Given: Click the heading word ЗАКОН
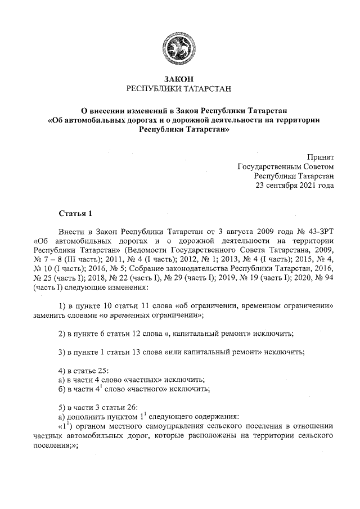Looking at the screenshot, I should click(x=179, y=79).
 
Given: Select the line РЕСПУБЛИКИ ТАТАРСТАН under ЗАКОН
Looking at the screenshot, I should click(x=179, y=89).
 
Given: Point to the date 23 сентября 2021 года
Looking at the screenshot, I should click(x=295, y=185).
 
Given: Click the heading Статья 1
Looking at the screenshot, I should click(x=74, y=214).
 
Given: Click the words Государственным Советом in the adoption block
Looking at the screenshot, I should click(x=286, y=166).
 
